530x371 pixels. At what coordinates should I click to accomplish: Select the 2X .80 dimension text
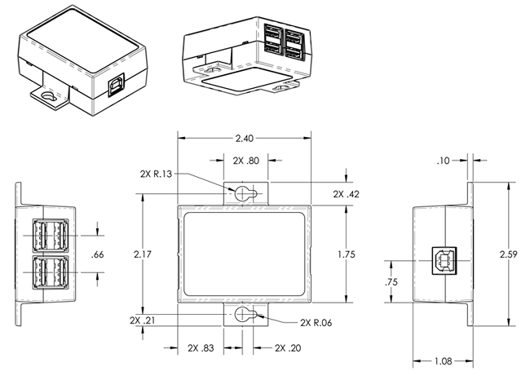click(245, 161)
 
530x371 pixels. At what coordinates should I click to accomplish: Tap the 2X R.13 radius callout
click(155, 173)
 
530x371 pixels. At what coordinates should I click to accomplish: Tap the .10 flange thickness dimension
click(444, 161)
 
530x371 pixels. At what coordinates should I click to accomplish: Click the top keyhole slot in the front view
click(245, 193)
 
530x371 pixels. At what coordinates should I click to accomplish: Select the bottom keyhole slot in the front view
click(245, 316)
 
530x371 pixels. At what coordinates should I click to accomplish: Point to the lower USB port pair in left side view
click(51, 273)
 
